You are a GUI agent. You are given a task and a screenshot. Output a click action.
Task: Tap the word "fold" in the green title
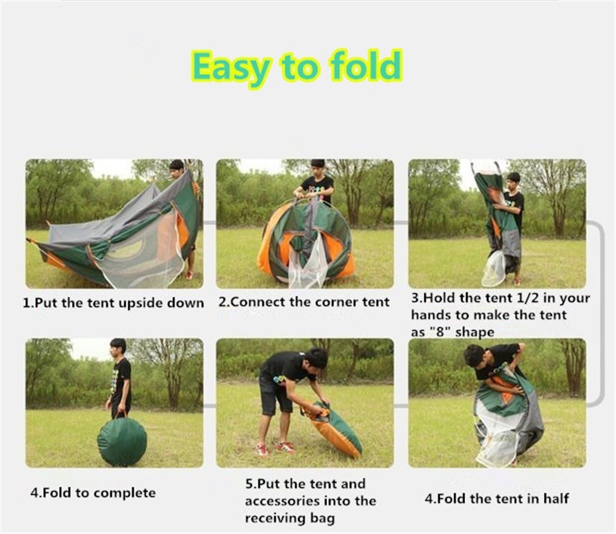367,64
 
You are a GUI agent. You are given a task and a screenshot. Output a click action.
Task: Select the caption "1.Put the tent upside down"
113,303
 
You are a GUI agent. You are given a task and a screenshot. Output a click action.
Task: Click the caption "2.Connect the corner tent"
304,302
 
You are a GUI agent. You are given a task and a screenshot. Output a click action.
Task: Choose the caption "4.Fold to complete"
93,493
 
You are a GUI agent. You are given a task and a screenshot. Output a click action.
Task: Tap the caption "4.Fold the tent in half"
496,499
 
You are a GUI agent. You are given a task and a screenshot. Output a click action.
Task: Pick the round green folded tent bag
122,442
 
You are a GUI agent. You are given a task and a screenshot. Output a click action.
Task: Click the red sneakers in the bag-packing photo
275,449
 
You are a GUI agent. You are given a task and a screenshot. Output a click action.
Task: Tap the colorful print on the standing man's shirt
115,380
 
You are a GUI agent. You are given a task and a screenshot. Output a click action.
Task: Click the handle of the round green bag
122,414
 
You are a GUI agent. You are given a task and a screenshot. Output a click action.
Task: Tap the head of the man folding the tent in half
474,355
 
